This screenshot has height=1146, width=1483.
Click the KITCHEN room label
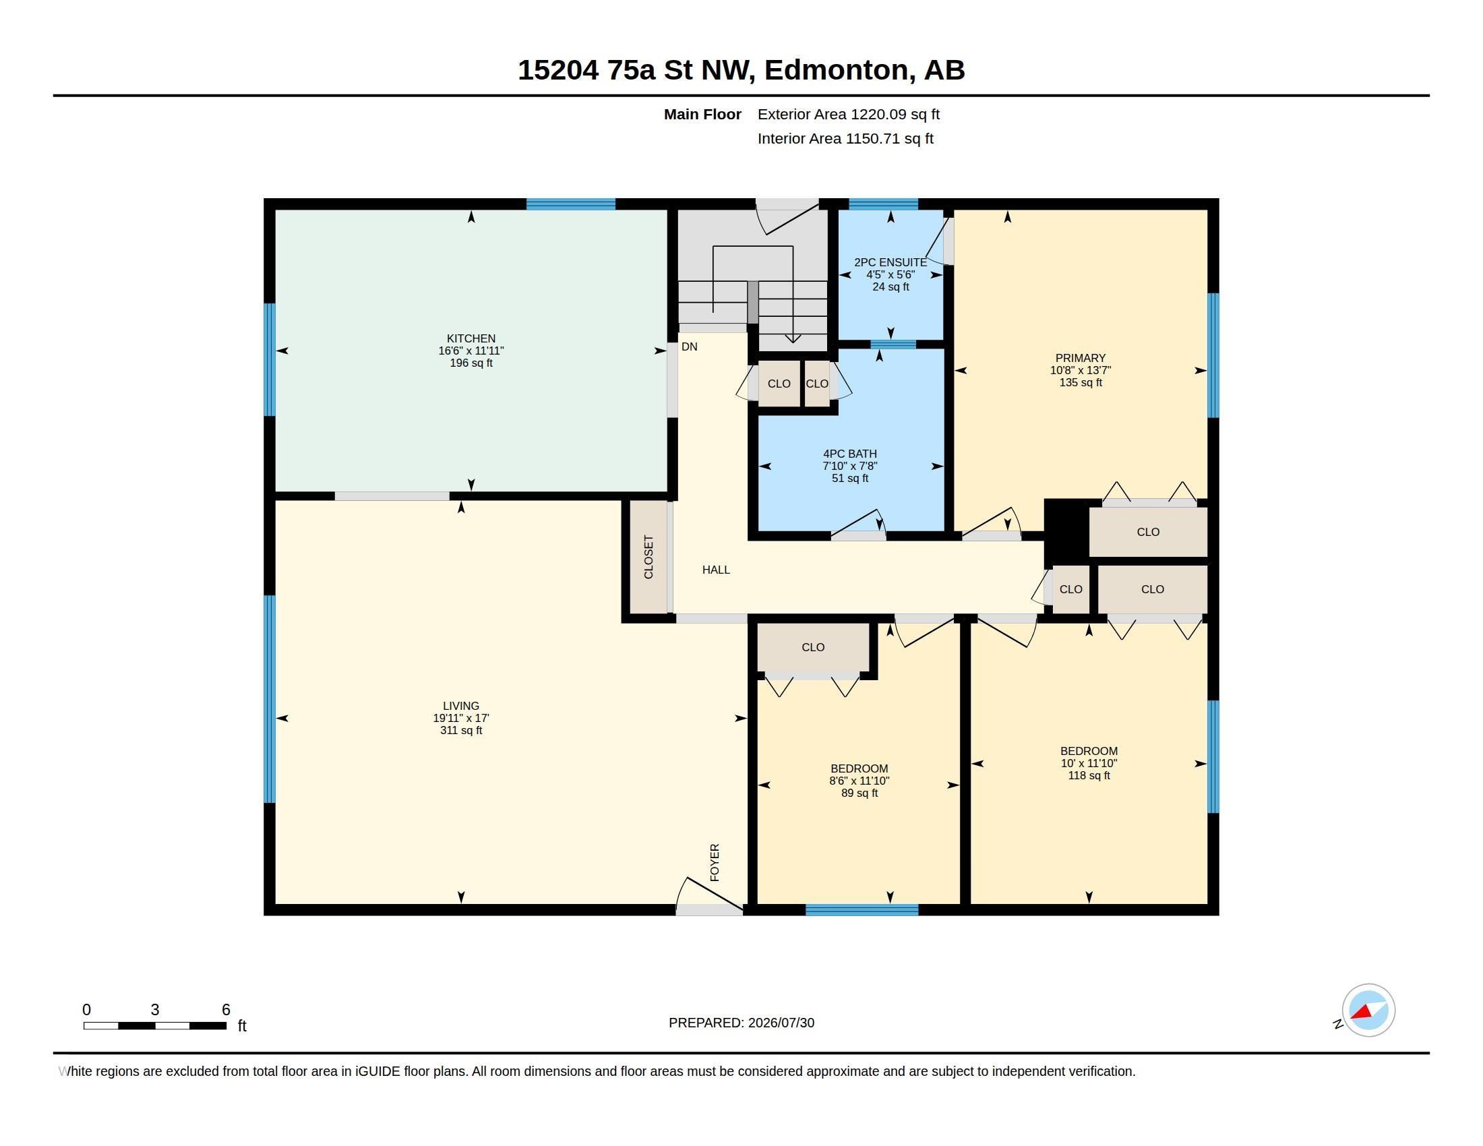click(471, 338)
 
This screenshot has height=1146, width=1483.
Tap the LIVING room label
click(461, 705)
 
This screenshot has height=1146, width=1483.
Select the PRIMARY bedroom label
click(1081, 358)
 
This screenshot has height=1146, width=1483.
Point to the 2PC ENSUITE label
click(890, 262)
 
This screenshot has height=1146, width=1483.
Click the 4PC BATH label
click(850, 454)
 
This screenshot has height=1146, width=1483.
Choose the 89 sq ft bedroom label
click(859, 768)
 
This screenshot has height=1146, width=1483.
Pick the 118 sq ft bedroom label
click(1089, 751)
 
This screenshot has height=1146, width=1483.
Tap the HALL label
click(717, 570)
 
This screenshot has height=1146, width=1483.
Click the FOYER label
click(715, 862)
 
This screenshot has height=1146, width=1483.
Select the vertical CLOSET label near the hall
click(648, 557)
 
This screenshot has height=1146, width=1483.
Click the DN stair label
click(689, 346)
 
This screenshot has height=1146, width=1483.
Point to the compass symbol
click(1368, 1011)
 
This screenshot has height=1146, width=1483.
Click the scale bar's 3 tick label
click(155, 1010)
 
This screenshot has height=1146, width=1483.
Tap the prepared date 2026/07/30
click(781, 1023)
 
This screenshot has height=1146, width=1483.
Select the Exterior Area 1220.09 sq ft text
click(849, 114)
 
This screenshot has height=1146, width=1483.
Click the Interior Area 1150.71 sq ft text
click(845, 138)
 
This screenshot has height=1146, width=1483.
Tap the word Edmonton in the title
click(837, 70)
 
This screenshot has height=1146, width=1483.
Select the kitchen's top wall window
click(571, 204)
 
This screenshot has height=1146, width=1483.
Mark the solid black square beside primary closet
click(1066, 533)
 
